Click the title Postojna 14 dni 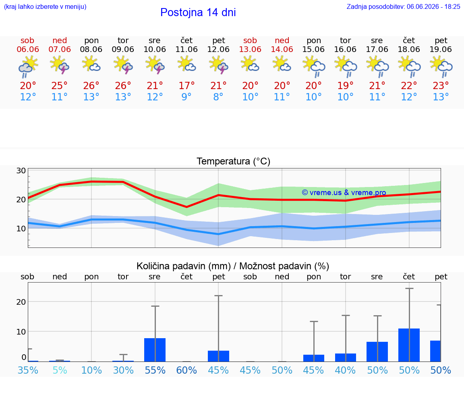click(x=198, y=12)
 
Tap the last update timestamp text click(x=403, y=6)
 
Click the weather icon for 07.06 click(x=60, y=65)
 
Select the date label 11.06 click(x=186, y=50)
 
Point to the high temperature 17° click(x=186, y=85)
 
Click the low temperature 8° click(x=218, y=97)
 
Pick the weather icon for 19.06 click(x=441, y=67)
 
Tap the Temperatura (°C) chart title click(x=234, y=161)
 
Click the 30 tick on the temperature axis click(x=21, y=171)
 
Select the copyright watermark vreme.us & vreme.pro click(x=344, y=193)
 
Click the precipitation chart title click(x=233, y=266)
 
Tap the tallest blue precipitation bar click(x=409, y=345)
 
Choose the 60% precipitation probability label click(x=186, y=370)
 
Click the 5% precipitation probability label click(x=60, y=370)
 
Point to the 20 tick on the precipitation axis click(x=21, y=302)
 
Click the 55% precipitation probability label click(x=155, y=370)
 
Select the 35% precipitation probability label click(x=28, y=370)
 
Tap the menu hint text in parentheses click(x=45, y=6)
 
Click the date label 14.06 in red click(x=282, y=50)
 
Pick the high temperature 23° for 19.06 click(x=441, y=85)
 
